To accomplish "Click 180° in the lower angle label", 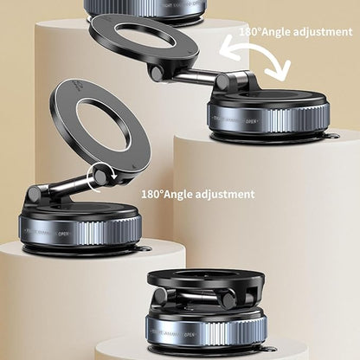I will [x=155, y=195].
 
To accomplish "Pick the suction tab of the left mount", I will [x=144, y=248].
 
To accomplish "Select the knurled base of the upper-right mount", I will [x=268, y=117].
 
